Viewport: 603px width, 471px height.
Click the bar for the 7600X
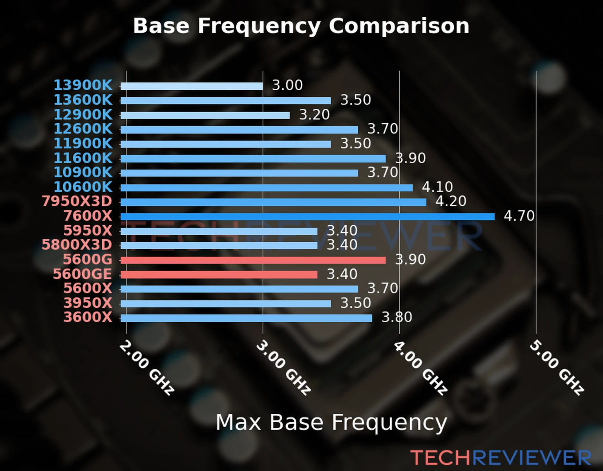(x=307, y=217)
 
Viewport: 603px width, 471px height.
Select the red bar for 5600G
(x=253, y=260)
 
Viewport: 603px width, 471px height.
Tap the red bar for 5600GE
(x=219, y=275)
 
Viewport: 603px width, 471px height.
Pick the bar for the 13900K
(x=192, y=86)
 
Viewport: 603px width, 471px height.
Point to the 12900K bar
(x=205, y=115)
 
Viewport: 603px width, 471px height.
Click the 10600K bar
(x=267, y=188)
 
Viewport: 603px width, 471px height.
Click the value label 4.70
(x=519, y=216)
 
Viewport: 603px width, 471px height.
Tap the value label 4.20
(x=451, y=201)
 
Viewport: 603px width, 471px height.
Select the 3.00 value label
(x=287, y=85)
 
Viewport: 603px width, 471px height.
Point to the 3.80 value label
(x=397, y=317)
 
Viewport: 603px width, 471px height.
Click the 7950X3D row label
(x=77, y=201)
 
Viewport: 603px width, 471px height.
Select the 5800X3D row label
(x=77, y=245)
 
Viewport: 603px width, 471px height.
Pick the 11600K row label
(x=83, y=158)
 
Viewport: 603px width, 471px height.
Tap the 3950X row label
(x=88, y=303)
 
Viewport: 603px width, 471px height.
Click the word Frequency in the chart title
(x=259, y=26)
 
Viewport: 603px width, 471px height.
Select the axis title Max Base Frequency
(x=331, y=423)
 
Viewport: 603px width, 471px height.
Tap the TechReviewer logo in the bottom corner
(x=501, y=458)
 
